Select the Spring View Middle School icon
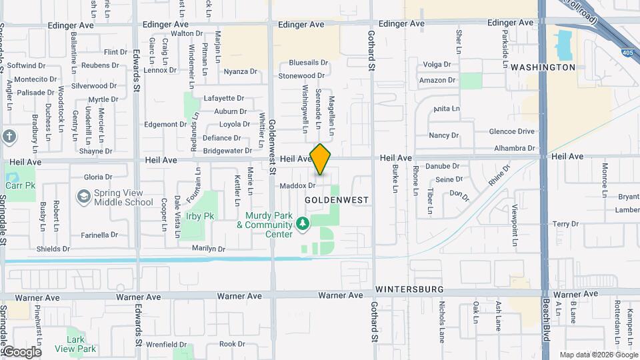tap(83, 197)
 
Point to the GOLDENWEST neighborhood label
tap(337, 199)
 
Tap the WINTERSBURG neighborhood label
tap(409, 289)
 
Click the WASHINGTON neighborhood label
tap(543, 67)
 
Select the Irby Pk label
tap(200, 216)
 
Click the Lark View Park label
tap(76, 344)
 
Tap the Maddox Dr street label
tap(297, 185)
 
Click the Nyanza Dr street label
tap(240, 71)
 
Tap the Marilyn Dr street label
tap(209, 249)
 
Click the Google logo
tap(21, 351)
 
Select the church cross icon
tap(9, 137)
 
